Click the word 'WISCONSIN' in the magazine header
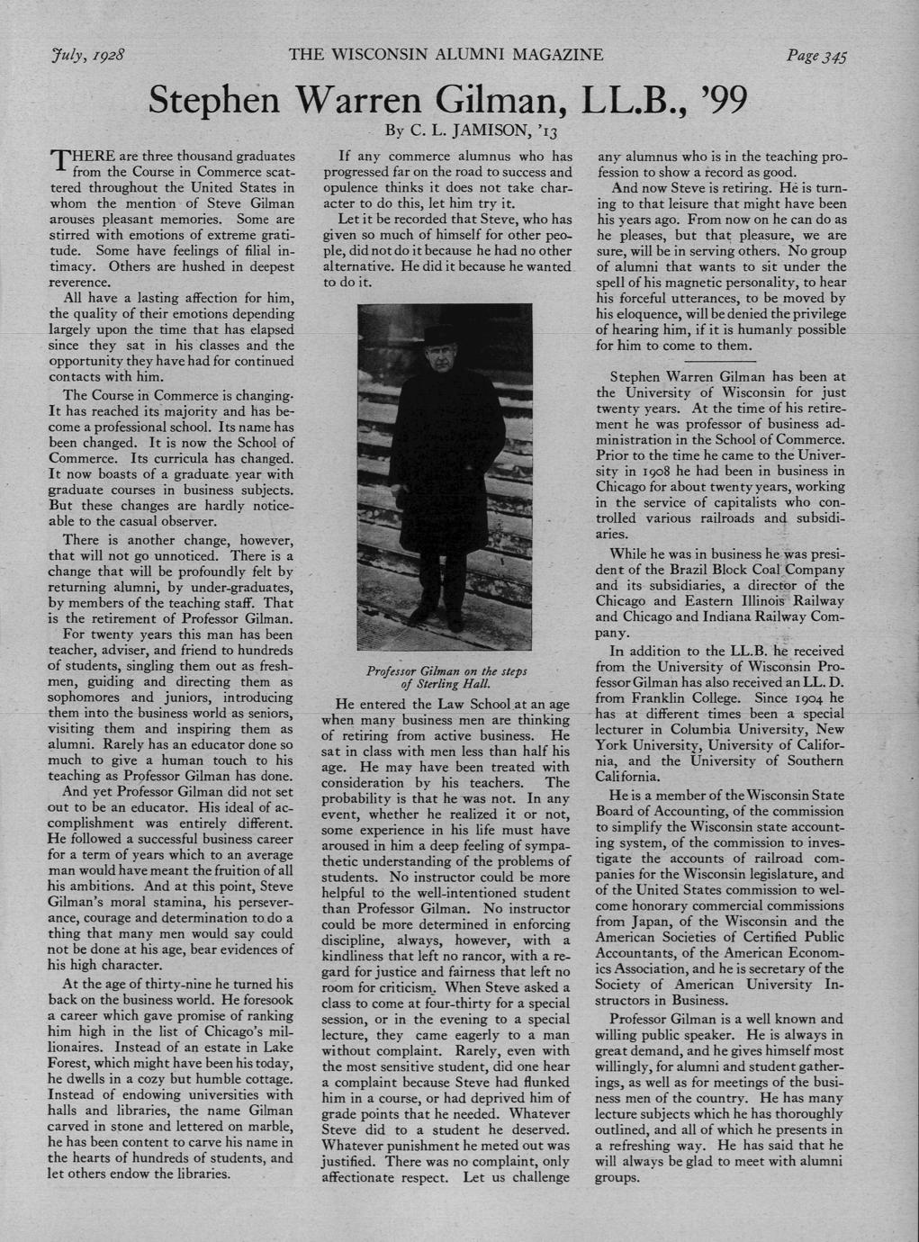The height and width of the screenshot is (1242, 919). click(400, 55)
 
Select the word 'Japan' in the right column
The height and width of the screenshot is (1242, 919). click(623, 921)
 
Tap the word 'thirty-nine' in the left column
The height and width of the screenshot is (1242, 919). click(184, 984)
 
